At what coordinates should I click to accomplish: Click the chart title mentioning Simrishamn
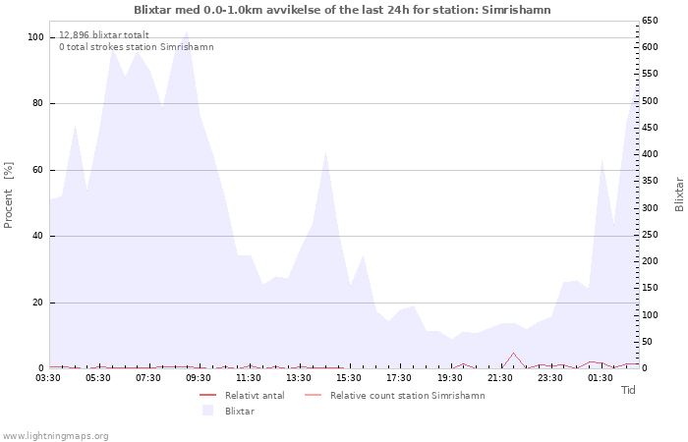[342, 10]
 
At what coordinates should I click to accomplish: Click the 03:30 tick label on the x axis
[49, 377]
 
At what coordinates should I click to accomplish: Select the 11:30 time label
[249, 377]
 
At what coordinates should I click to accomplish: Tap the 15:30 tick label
[349, 377]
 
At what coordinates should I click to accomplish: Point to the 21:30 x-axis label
[499, 377]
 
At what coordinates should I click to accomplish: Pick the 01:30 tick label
[600, 377]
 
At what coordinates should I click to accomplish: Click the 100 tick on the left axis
[36, 37]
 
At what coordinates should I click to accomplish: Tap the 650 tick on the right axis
[651, 21]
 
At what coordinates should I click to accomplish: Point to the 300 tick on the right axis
[651, 208]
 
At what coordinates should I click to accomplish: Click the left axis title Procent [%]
[9, 194]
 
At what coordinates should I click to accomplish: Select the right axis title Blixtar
[679, 193]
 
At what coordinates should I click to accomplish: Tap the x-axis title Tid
[628, 390]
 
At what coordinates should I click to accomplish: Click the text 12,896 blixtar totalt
[104, 34]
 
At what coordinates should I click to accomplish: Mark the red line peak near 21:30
[513, 354]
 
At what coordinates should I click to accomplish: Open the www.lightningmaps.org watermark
[56, 435]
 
